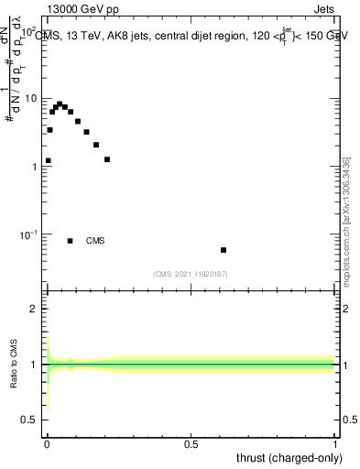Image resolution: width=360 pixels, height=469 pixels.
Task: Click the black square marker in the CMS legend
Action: coord(70,241)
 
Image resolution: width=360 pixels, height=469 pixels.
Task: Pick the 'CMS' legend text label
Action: coord(95,241)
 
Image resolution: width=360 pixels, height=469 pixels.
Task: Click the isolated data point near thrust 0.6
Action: coord(224,250)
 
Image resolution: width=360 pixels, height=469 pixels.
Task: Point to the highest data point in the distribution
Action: coord(60,104)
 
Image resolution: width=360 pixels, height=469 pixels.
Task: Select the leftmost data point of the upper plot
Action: coord(48,160)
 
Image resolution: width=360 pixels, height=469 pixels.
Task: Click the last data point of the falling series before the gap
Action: coord(107,159)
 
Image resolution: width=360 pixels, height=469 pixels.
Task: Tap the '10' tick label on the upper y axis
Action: coord(30,98)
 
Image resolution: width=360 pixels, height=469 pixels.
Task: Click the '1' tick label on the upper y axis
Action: coord(34,167)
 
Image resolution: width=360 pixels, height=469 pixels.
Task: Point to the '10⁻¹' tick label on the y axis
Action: coord(28,234)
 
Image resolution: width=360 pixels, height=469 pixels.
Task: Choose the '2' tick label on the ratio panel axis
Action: coord(33,309)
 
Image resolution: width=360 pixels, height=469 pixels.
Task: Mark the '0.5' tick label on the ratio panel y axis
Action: coord(29,420)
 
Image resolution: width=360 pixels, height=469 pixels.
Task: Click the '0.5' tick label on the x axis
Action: coord(191,446)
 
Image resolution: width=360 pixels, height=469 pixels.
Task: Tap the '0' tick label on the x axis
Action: coord(46,446)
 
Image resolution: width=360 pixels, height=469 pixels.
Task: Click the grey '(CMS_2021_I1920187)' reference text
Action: coord(191,273)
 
